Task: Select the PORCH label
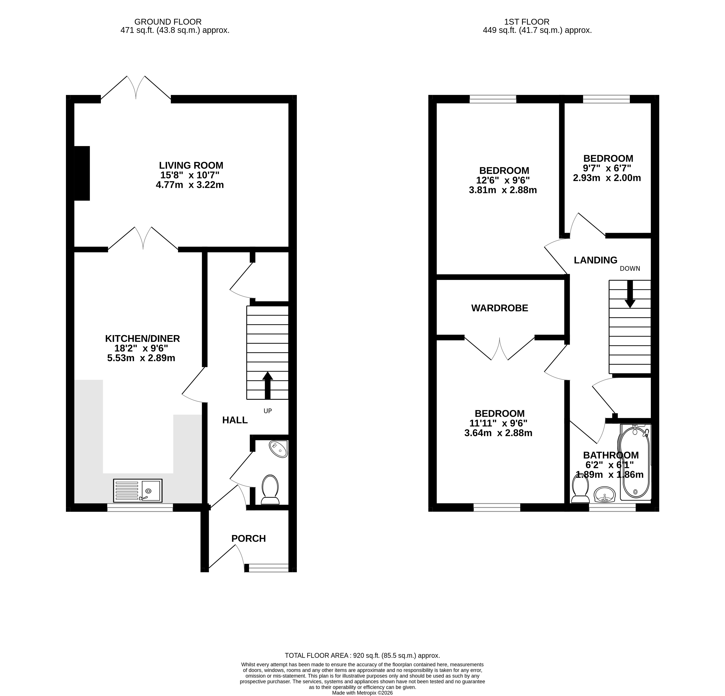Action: point(248,538)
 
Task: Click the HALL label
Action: point(235,420)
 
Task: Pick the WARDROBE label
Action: point(499,308)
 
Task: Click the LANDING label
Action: point(596,260)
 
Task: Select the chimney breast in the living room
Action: point(82,173)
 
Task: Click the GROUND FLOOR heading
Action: point(168,22)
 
